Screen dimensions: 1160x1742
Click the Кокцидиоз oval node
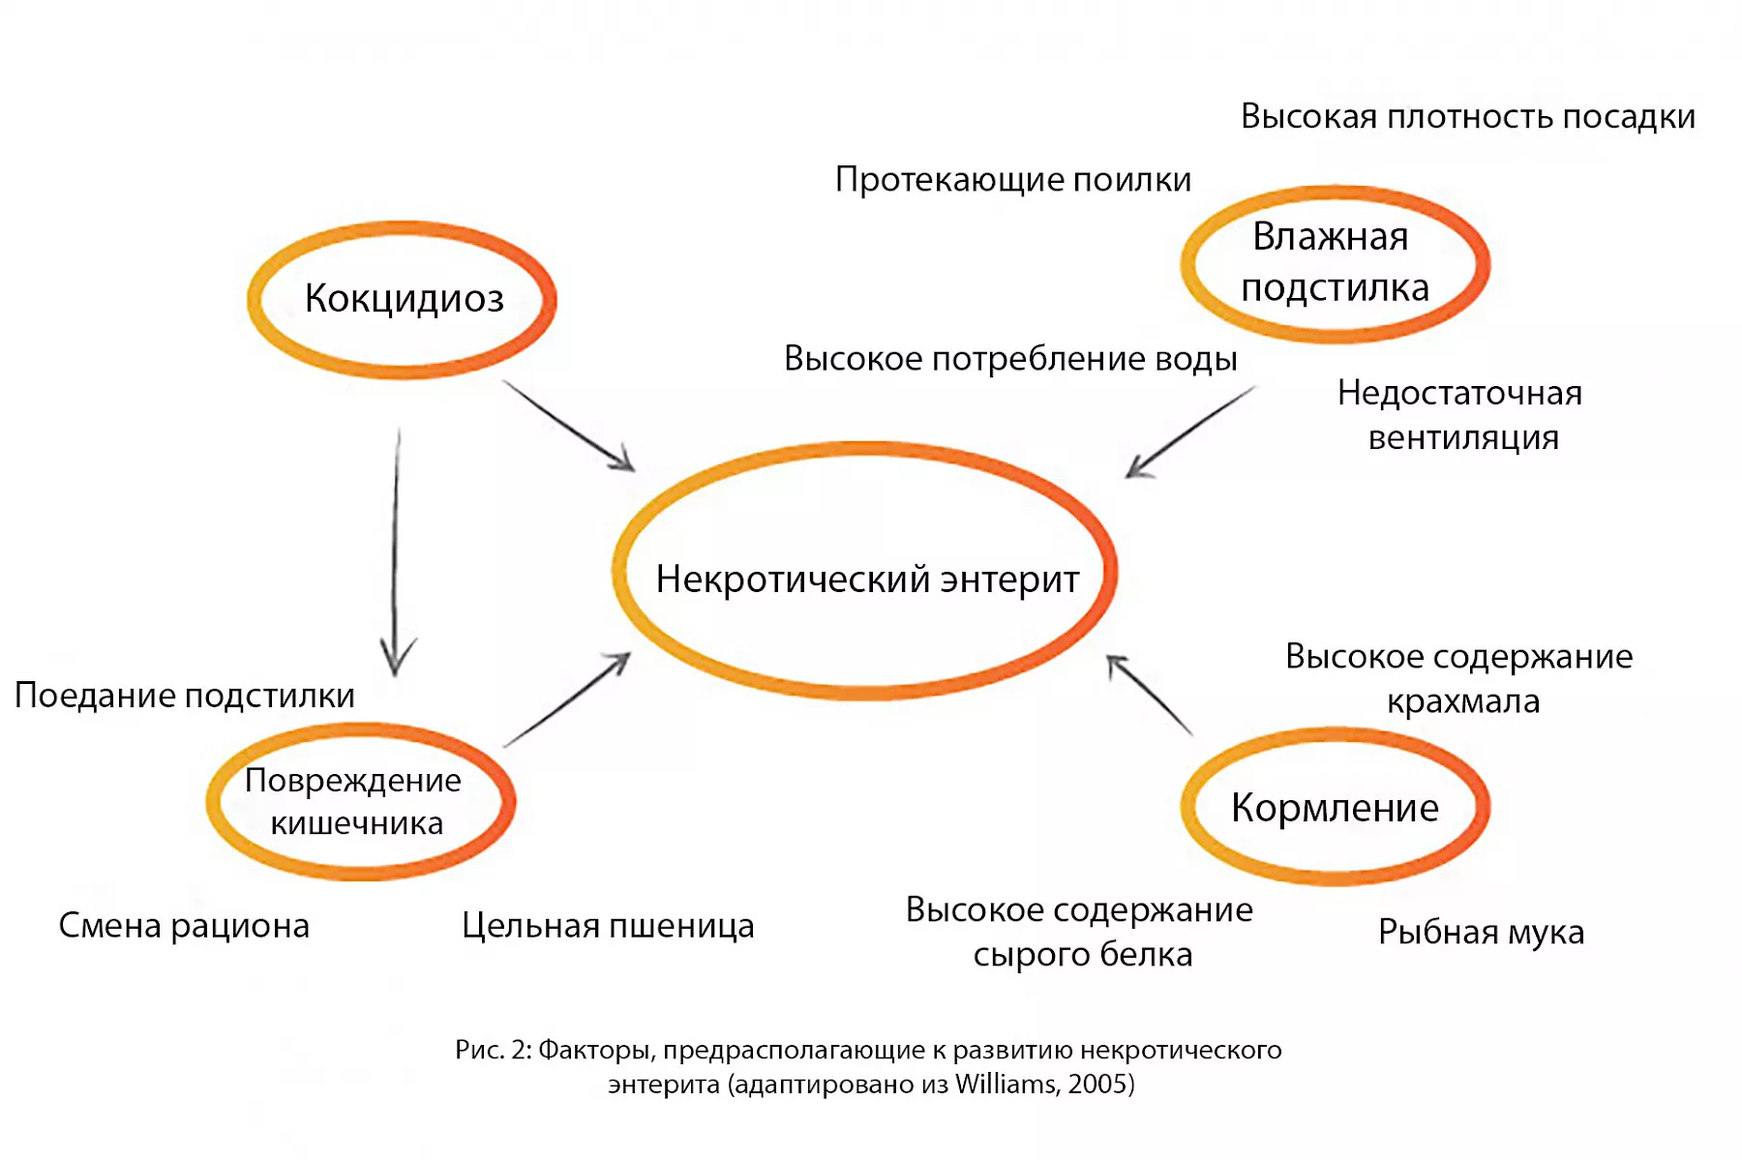click(403, 299)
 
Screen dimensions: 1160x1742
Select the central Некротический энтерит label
click(867, 580)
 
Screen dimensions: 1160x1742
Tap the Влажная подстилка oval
click(1335, 263)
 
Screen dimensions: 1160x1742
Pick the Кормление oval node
click(1335, 807)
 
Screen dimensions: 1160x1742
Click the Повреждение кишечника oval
click(359, 802)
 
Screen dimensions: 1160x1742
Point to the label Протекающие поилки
click(1012, 180)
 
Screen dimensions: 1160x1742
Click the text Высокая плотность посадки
click(1467, 117)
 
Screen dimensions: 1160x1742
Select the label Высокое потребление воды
click(1009, 359)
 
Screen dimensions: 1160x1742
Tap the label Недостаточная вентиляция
click(1460, 415)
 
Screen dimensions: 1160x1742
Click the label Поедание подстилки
click(184, 696)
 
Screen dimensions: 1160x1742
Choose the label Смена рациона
click(184, 926)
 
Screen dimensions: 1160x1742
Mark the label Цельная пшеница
click(607, 926)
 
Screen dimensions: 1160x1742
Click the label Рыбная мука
click(1481, 933)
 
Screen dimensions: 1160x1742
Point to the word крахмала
click(1462, 701)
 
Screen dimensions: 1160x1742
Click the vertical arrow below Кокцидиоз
click(395, 551)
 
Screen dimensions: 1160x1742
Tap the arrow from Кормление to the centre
click(1150, 695)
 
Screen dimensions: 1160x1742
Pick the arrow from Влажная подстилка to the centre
click(1190, 431)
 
